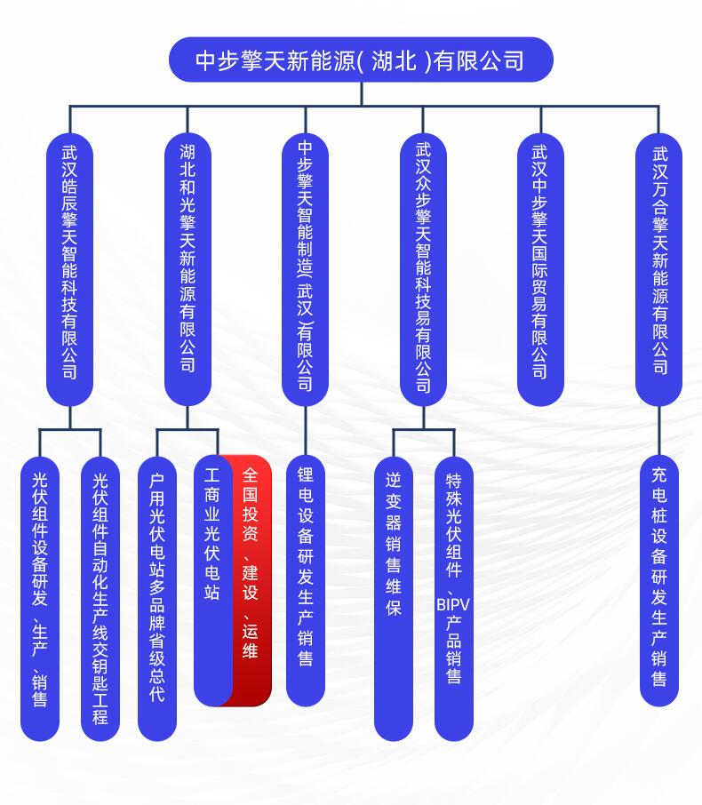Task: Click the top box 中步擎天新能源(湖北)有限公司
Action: pyautogui.click(x=361, y=60)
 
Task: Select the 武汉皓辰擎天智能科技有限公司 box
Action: pyautogui.click(x=70, y=269)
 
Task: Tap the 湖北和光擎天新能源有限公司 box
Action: pyautogui.click(x=187, y=269)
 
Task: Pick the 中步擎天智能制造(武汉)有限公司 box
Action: pyautogui.click(x=305, y=269)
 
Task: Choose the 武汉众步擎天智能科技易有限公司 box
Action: pyautogui.click(x=423, y=269)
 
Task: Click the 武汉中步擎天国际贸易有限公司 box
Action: pyautogui.click(x=540, y=269)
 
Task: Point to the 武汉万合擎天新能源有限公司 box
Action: pyautogui.click(x=658, y=269)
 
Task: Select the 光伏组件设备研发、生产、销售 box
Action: pyautogui.click(x=40, y=599)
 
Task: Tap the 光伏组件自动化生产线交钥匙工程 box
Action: pyautogui.click(x=100, y=599)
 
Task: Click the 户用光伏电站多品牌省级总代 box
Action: pyautogui.click(x=157, y=599)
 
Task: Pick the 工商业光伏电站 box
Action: pyautogui.click(x=212, y=580)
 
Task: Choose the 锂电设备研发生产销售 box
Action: pyautogui.click(x=306, y=580)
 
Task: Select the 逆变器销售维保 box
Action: pyautogui.click(x=394, y=599)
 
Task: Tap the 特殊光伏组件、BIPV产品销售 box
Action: pyautogui.click(x=454, y=599)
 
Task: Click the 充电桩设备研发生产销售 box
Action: pyautogui.click(x=659, y=580)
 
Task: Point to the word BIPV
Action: pyautogui.click(x=453, y=604)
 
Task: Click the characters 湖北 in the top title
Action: pyautogui.click(x=394, y=60)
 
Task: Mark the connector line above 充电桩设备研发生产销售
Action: pyautogui.click(x=658, y=431)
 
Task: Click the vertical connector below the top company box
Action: pyautogui.click(x=362, y=94)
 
